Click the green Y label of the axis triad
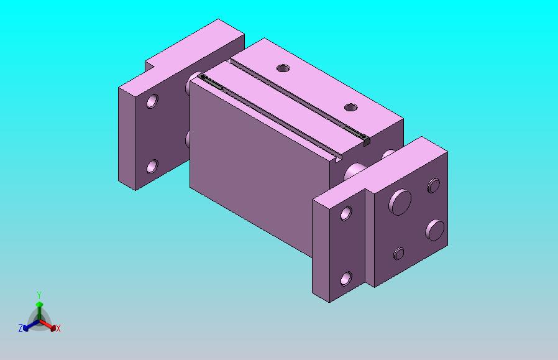tap(39, 295)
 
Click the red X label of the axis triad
tap(58, 329)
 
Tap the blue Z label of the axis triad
tap(21, 328)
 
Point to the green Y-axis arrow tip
tap(40, 304)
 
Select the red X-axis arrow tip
tap(53, 328)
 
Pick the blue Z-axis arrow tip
tap(25, 328)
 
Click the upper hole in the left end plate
tap(152, 101)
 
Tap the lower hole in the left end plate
tap(152, 166)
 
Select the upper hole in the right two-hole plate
tap(346, 213)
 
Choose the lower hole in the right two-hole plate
tap(346, 279)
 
